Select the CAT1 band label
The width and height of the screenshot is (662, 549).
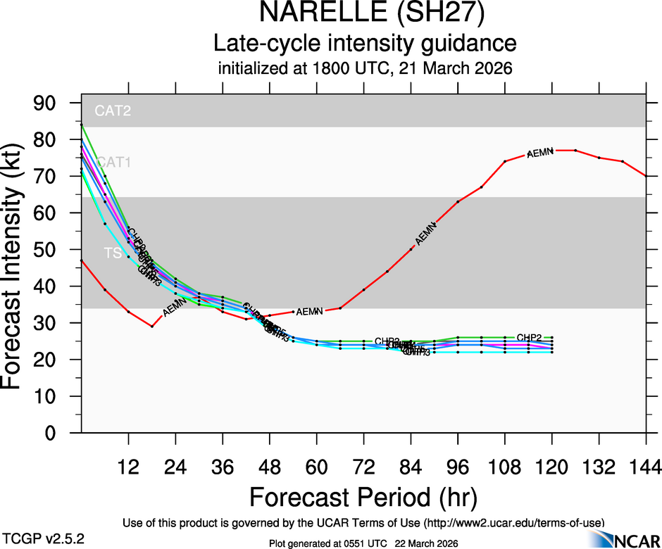pyautogui.click(x=114, y=163)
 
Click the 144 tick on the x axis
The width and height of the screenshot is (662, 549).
pyautogui.click(x=646, y=466)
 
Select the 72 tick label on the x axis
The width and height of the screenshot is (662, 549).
pyautogui.click(x=363, y=466)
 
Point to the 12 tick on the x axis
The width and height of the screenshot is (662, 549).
pyautogui.click(x=128, y=466)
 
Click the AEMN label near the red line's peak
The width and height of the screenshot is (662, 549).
pyautogui.click(x=540, y=151)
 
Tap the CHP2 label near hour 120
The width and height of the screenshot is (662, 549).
pyautogui.click(x=529, y=337)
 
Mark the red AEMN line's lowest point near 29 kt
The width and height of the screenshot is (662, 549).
pyautogui.click(x=151, y=326)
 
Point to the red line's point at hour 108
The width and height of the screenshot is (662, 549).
pyautogui.click(x=505, y=161)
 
